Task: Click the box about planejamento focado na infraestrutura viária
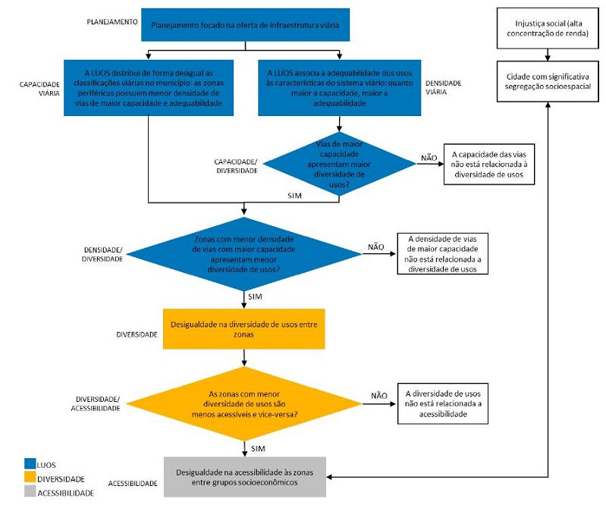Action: pos(244,25)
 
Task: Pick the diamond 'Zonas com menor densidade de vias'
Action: pos(245,253)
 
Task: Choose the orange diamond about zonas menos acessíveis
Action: pos(245,404)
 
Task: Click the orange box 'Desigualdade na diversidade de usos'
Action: pos(244,328)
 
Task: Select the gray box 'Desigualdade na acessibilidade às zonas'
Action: pos(244,477)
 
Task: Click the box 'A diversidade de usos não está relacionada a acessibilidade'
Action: pos(446,404)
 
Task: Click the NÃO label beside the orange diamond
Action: pos(379,395)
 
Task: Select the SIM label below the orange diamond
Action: pos(258,449)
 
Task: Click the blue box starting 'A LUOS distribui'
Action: pos(149,87)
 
